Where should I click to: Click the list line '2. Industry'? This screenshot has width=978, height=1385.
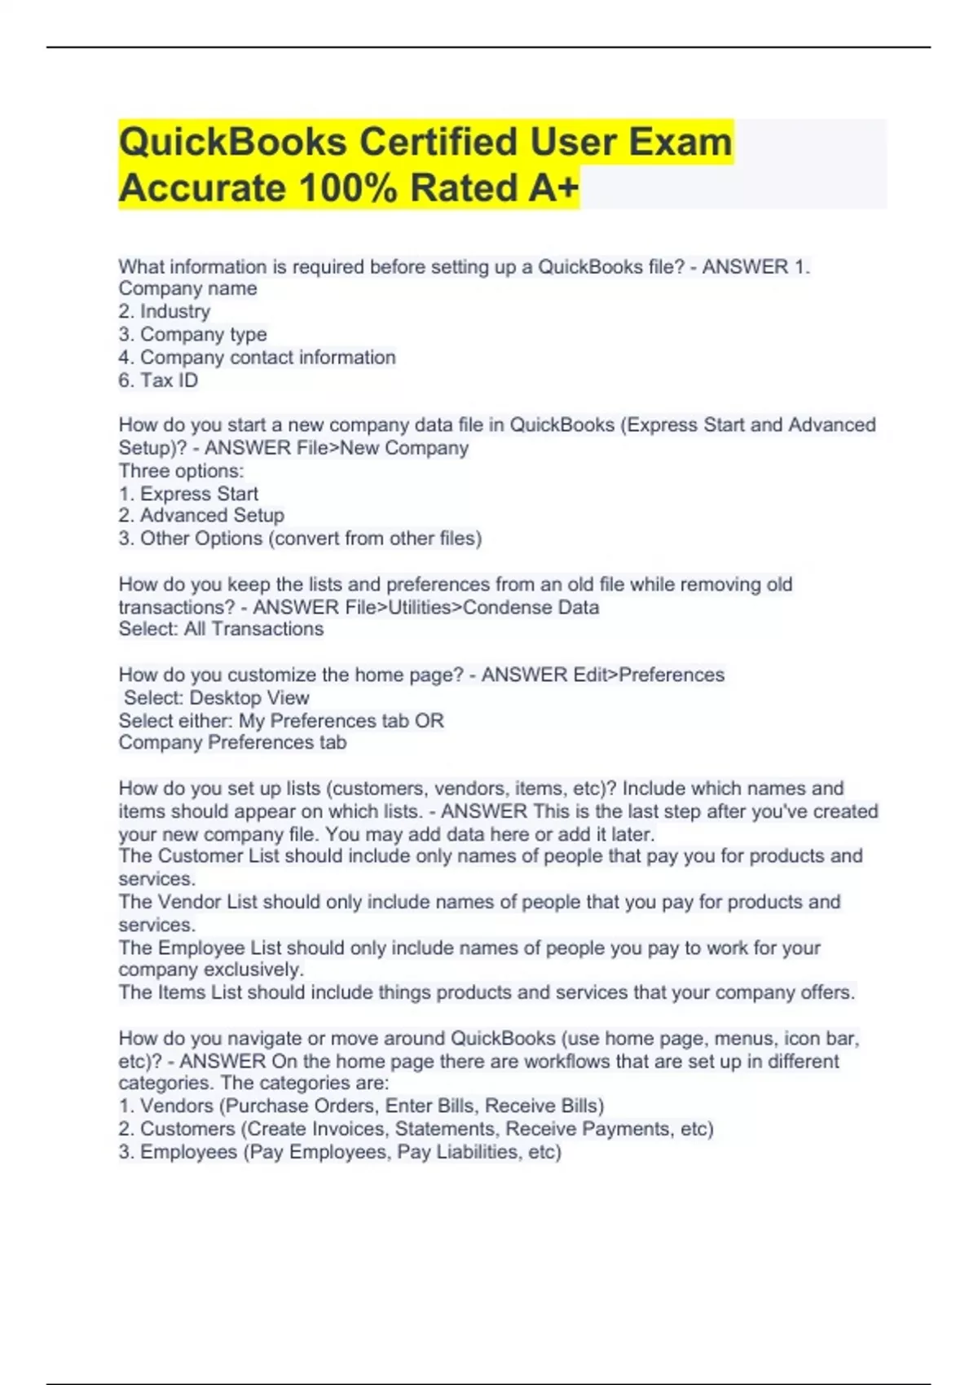(x=164, y=311)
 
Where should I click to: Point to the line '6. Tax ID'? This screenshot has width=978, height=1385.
(x=158, y=380)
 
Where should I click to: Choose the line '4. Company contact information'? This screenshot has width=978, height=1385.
(x=257, y=358)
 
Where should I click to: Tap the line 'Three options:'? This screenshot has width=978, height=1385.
(x=181, y=471)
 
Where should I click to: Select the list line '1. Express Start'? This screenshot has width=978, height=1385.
(x=188, y=494)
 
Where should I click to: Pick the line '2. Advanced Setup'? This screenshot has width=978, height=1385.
(x=201, y=516)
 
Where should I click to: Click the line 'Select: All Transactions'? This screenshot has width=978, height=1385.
(x=221, y=629)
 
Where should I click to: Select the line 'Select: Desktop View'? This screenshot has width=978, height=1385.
(x=216, y=698)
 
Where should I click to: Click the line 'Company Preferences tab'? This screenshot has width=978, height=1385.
(x=232, y=742)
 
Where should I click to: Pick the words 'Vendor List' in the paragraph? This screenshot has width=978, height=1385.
(x=207, y=902)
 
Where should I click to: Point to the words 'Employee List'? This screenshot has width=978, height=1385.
(x=219, y=948)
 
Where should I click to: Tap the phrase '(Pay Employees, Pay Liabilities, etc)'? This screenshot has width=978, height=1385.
(x=403, y=1152)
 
